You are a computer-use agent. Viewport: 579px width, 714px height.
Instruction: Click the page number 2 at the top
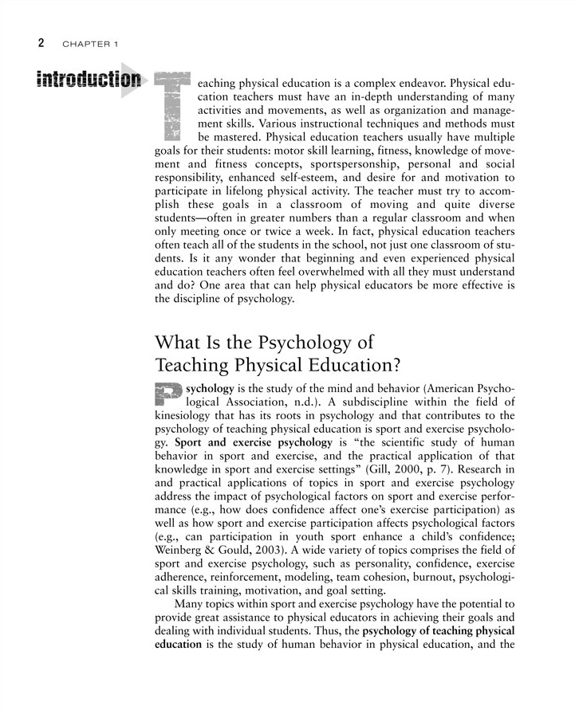tap(39, 42)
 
